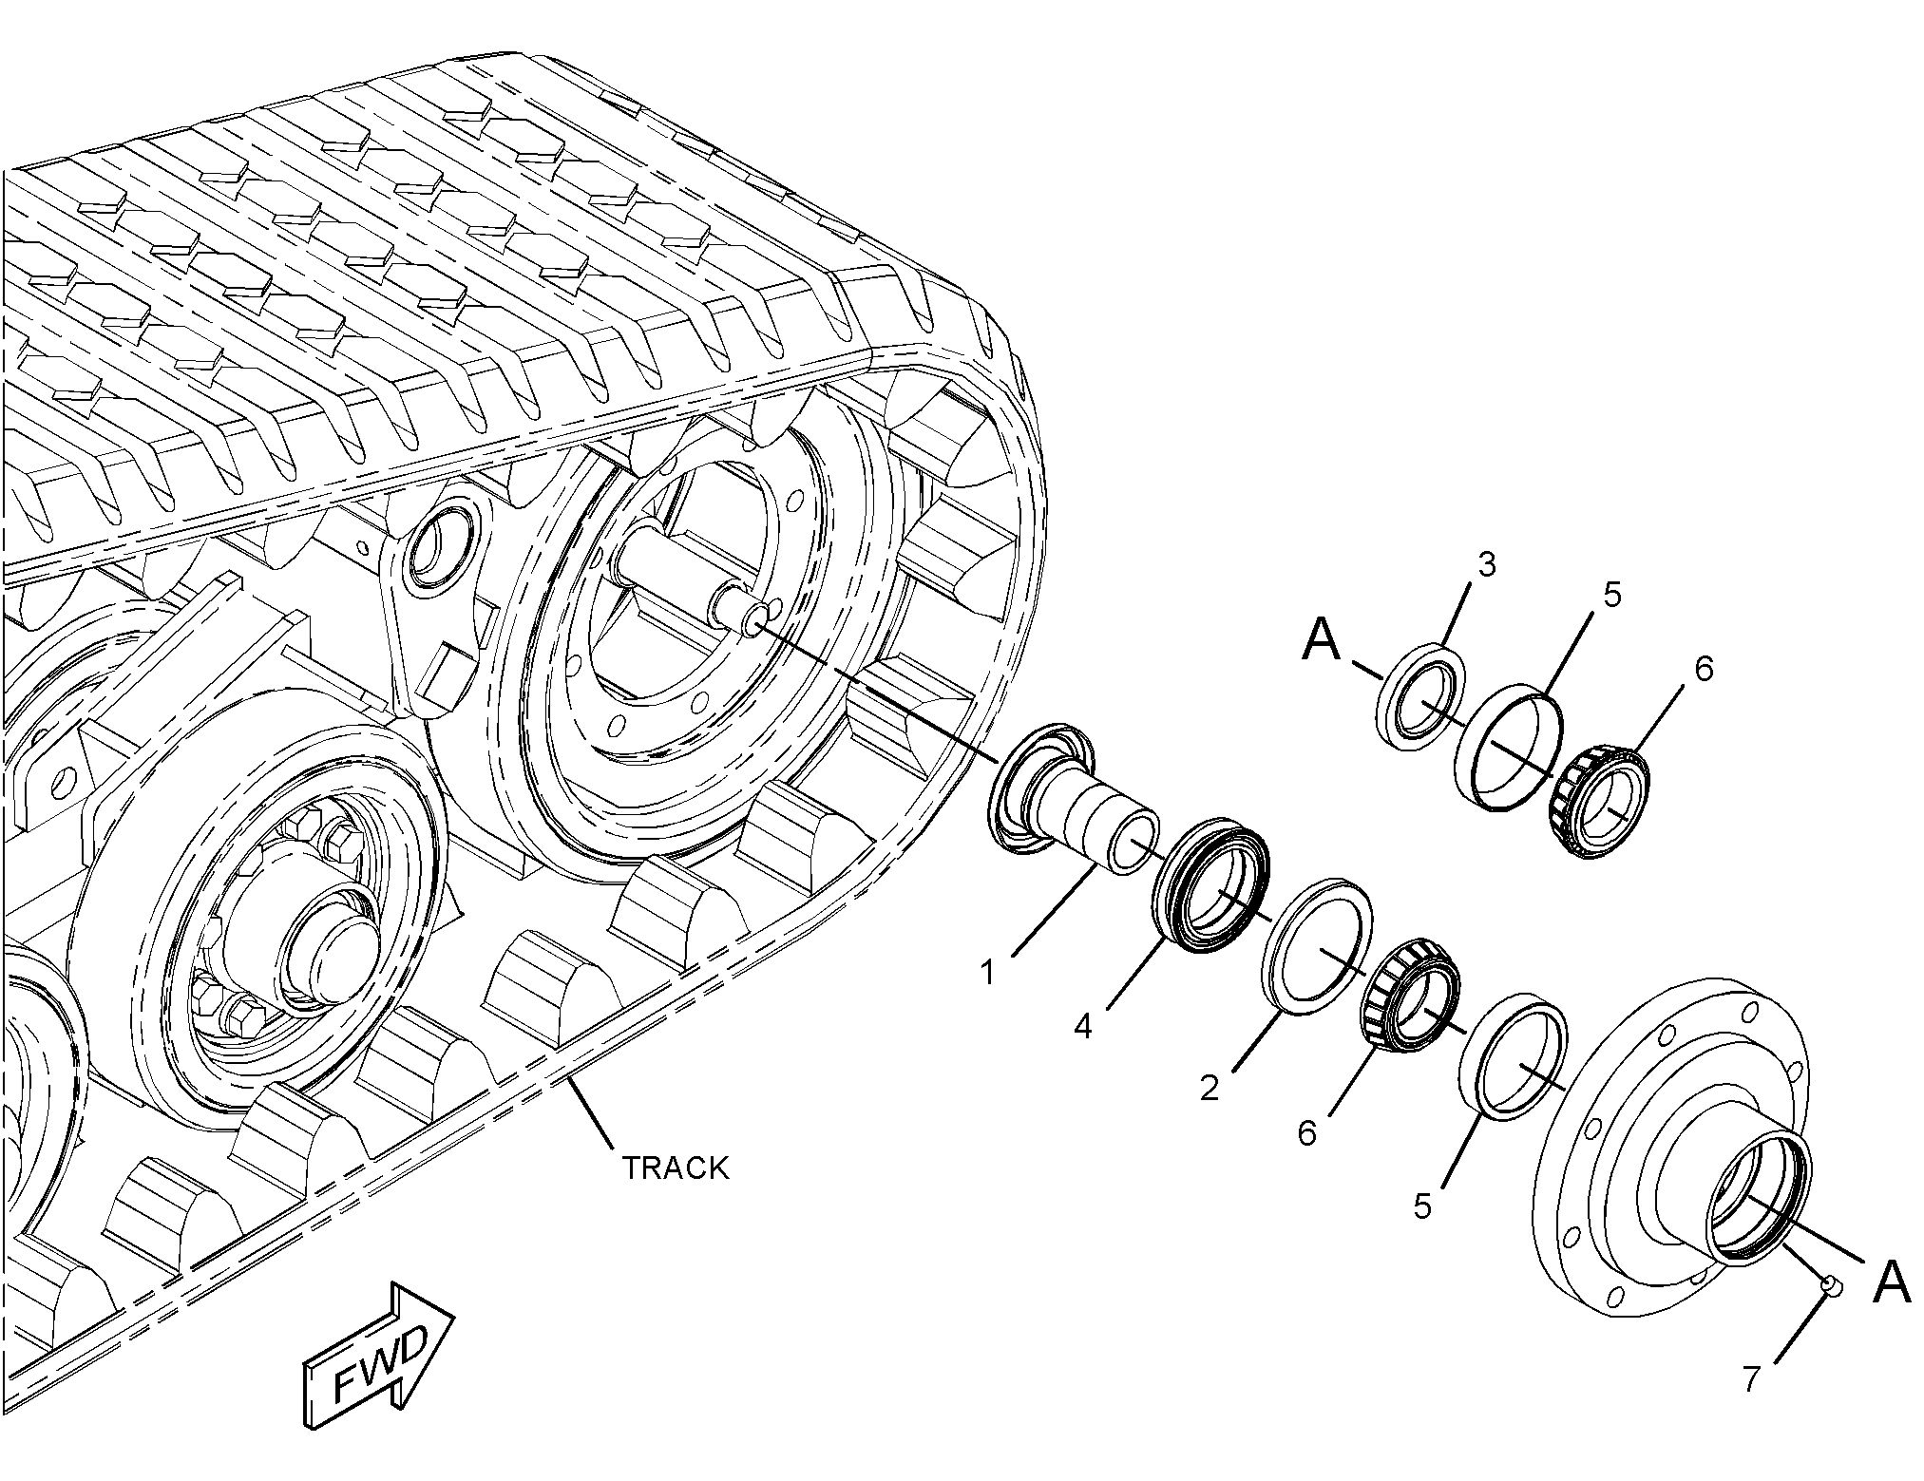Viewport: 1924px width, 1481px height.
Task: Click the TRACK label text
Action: click(x=675, y=1168)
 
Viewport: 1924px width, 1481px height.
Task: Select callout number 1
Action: click(x=988, y=972)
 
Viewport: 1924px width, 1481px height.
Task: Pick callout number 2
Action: click(x=1209, y=1087)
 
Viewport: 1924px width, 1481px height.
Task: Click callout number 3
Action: click(x=1486, y=564)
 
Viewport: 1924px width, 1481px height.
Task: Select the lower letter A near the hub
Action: click(x=1890, y=1283)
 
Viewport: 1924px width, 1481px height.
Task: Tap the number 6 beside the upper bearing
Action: click(x=1704, y=669)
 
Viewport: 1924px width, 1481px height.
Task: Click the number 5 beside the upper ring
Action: click(x=1611, y=596)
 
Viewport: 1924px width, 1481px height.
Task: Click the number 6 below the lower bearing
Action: click(x=1307, y=1132)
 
